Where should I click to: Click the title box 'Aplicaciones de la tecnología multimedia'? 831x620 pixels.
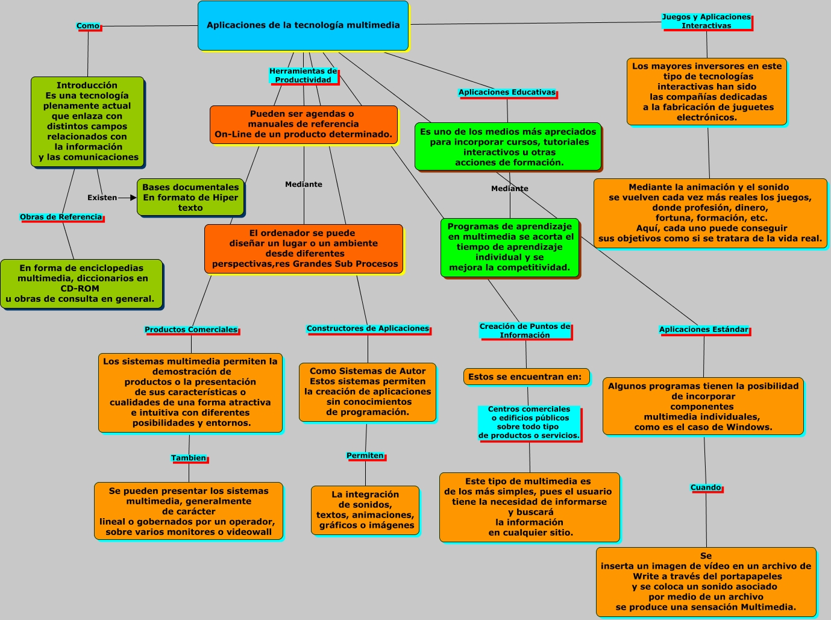303,25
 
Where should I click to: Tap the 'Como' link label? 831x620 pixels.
88,26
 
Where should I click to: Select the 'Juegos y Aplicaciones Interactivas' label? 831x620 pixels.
706,21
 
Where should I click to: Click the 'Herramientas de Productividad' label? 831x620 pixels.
303,75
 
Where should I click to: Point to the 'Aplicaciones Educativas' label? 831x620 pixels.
507,92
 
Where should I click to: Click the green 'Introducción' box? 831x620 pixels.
87,122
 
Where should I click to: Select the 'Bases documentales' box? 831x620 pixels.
190,197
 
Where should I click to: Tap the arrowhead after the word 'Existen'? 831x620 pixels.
133,198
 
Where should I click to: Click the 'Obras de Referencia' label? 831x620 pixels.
61,217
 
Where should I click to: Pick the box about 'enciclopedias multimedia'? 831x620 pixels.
81,284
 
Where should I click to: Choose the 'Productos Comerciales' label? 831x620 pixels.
191,330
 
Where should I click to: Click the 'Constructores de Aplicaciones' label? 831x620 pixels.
368,328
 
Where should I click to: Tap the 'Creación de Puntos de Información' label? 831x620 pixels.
525,330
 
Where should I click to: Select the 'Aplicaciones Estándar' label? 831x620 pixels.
704,330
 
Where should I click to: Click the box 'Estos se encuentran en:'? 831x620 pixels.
527,377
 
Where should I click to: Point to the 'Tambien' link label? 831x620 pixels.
189,458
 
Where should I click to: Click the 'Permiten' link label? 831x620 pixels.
365,456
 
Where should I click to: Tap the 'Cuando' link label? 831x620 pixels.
706,487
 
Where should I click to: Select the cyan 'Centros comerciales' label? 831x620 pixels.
529,422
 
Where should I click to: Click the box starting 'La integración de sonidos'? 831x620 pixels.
365,510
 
